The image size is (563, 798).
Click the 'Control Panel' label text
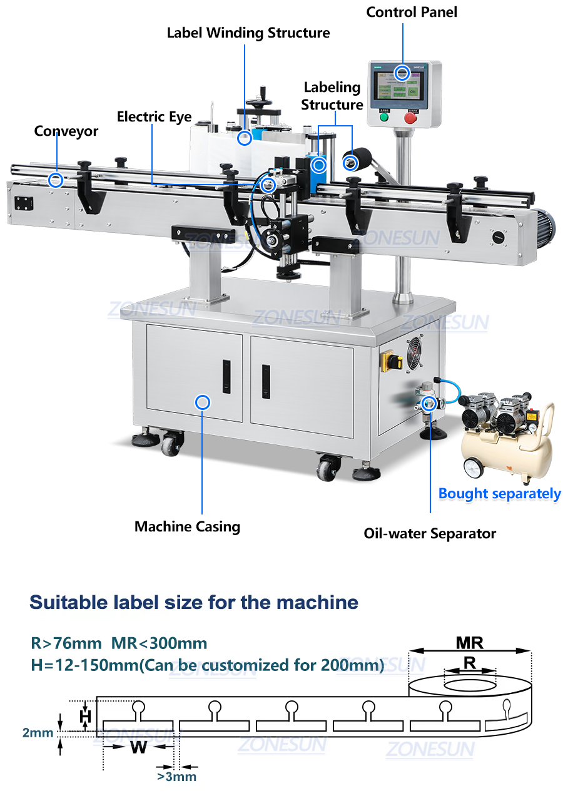412,12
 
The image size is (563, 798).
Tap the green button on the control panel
383,117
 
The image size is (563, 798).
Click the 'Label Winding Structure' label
248,33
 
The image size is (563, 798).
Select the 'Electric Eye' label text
154,116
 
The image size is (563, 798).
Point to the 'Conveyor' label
66,131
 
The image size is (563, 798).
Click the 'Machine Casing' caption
187,526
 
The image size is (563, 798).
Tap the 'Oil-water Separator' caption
430,534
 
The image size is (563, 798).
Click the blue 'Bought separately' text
499,493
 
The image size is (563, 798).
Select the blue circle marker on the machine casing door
202,402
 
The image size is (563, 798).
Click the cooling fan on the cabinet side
415,354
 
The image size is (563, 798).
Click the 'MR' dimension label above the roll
469,643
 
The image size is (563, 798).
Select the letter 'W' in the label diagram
138,747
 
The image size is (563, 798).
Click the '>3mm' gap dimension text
176,777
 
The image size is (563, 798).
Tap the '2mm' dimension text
38,732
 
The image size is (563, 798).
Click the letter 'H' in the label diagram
86,715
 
